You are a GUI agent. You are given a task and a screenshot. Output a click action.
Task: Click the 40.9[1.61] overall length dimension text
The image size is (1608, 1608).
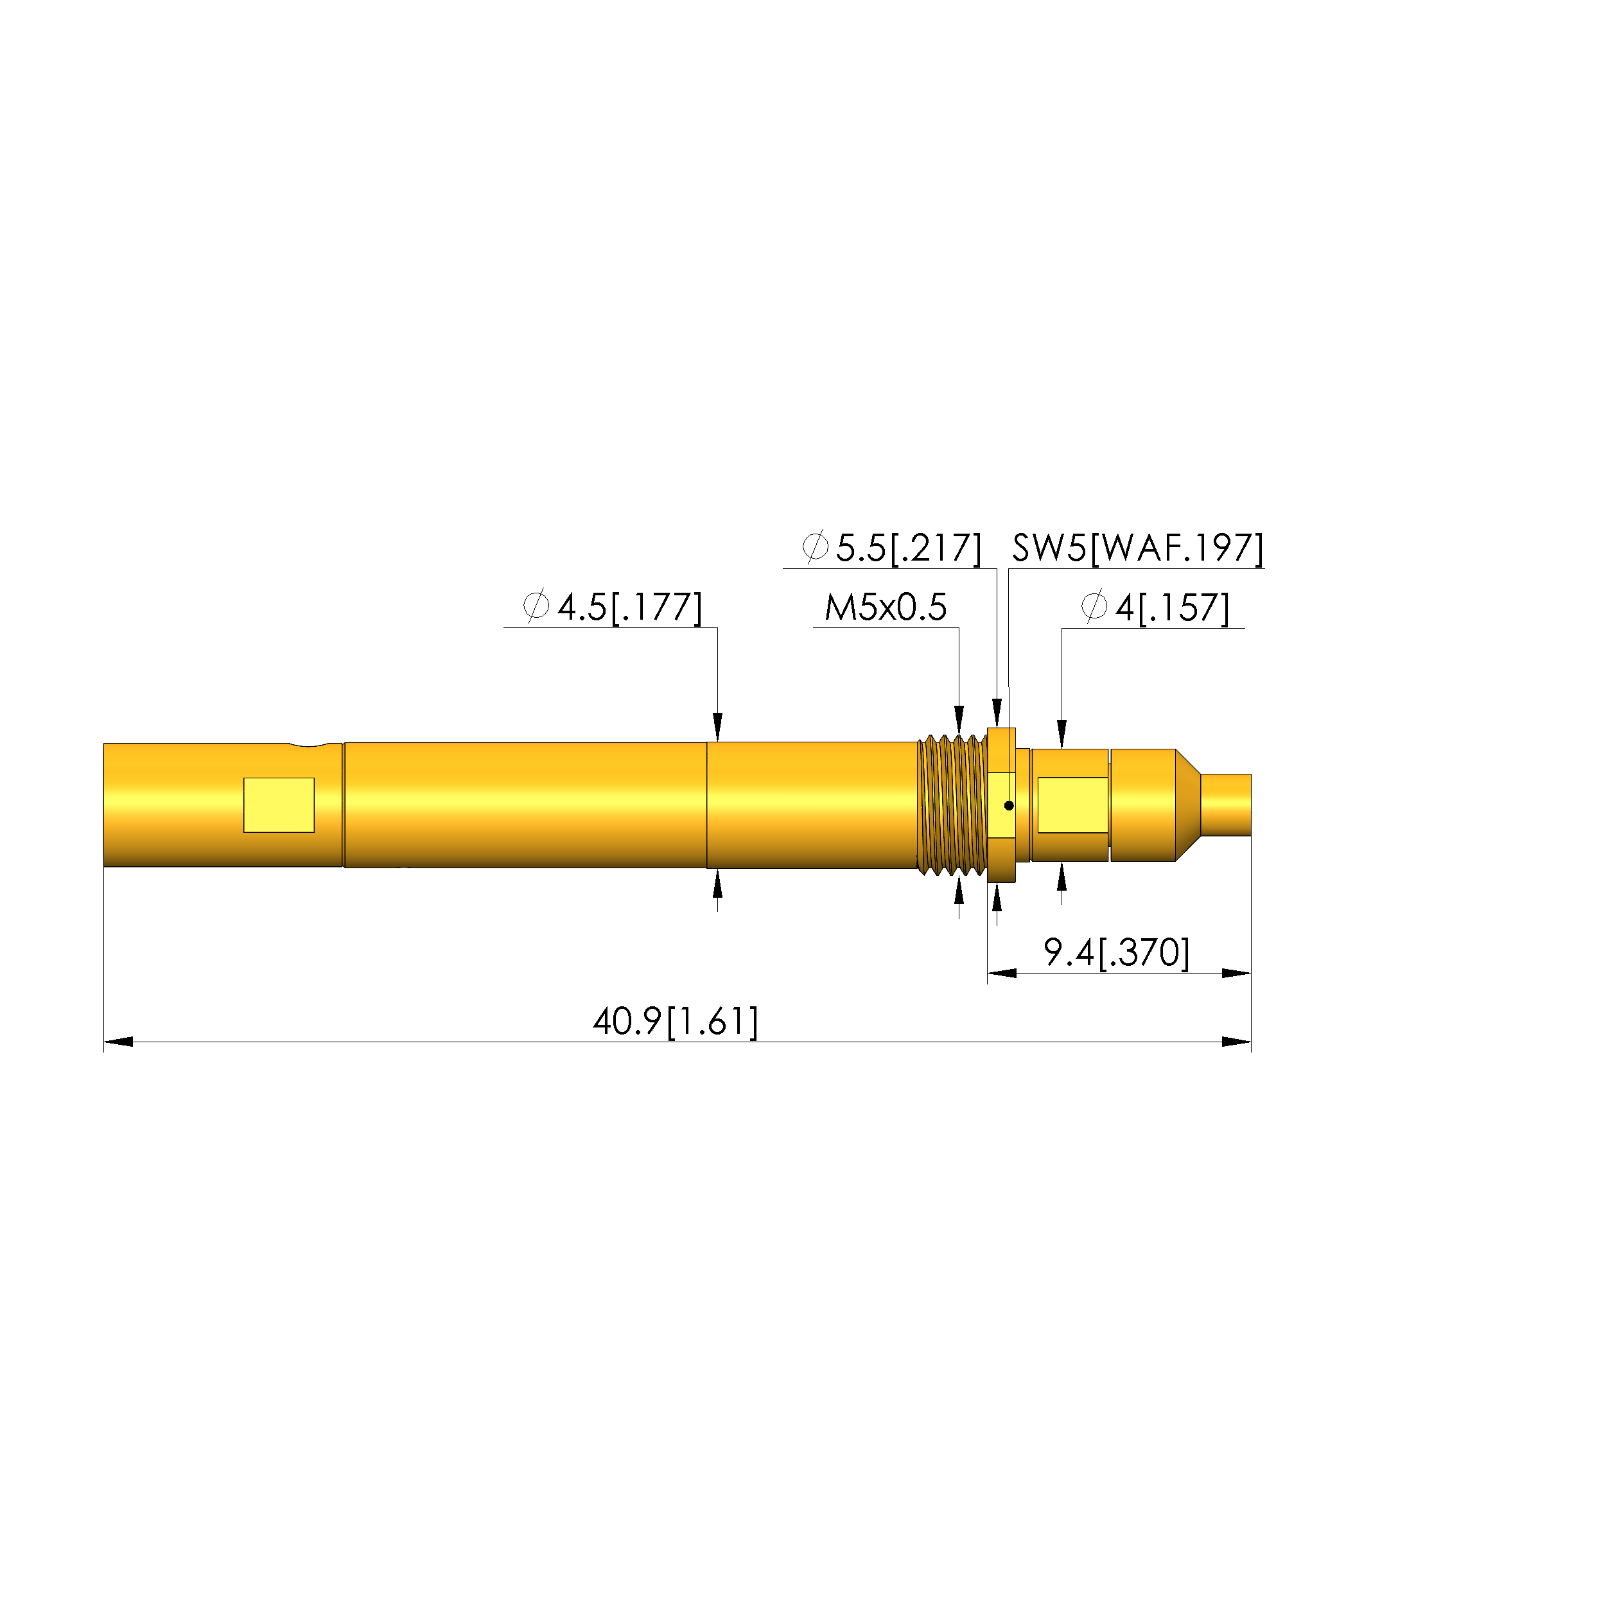pyautogui.click(x=675, y=1021)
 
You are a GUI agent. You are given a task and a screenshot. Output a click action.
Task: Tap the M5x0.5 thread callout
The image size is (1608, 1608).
pyautogui.click(x=886, y=607)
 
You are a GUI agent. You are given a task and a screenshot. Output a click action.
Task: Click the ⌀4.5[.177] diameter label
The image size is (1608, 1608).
pyautogui.click(x=613, y=607)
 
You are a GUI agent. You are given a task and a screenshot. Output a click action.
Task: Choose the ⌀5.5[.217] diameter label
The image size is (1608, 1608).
pyautogui.click(x=891, y=548)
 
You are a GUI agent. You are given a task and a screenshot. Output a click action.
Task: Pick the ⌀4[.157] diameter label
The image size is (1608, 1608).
pyautogui.click(x=1155, y=607)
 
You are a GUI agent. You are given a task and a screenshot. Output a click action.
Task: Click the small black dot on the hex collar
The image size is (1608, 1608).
pyautogui.click(x=1009, y=805)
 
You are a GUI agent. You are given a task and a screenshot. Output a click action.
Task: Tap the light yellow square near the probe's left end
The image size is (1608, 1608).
pyautogui.click(x=279, y=805)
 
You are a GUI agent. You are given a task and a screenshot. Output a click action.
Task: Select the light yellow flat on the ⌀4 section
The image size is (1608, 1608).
pyautogui.click(x=1072, y=805)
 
